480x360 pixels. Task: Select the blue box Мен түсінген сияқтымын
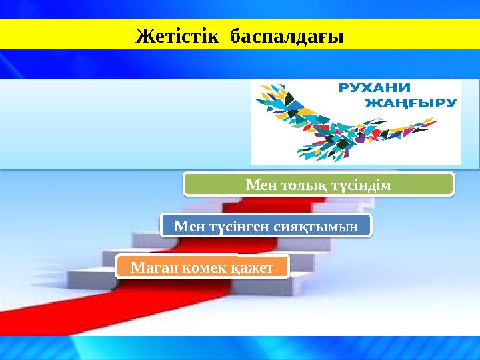(265, 226)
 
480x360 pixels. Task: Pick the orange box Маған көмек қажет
(202, 267)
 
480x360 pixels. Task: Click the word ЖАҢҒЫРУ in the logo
(412, 103)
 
